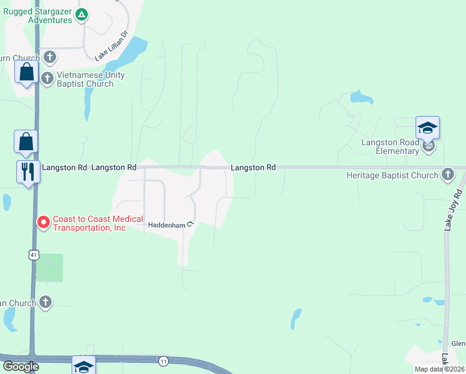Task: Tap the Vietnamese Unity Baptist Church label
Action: click(x=90, y=79)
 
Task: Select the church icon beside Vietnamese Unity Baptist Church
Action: click(x=47, y=78)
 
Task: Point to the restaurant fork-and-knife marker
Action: click(x=28, y=171)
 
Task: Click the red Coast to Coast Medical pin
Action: click(x=44, y=222)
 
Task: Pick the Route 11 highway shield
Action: click(x=164, y=361)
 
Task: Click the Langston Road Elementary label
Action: click(x=390, y=146)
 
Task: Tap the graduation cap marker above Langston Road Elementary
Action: click(x=427, y=128)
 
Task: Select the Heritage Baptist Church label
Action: click(x=392, y=175)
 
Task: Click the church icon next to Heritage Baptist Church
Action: click(x=447, y=175)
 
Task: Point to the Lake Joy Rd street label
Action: click(x=452, y=210)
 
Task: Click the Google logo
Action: click(x=20, y=367)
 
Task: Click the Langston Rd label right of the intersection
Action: click(x=253, y=168)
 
